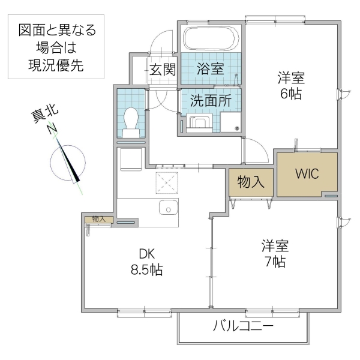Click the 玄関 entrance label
tap(162, 69)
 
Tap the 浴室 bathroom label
tap(210, 68)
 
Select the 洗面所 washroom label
tap(211, 101)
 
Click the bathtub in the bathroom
tap(212, 38)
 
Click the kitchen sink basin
tap(168, 209)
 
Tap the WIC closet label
tap(307, 173)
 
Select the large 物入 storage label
tap(251, 182)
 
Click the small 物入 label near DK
tap(98, 219)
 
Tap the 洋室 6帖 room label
tap(290, 85)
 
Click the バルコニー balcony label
tap(243, 327)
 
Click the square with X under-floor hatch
tap(167, 182)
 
